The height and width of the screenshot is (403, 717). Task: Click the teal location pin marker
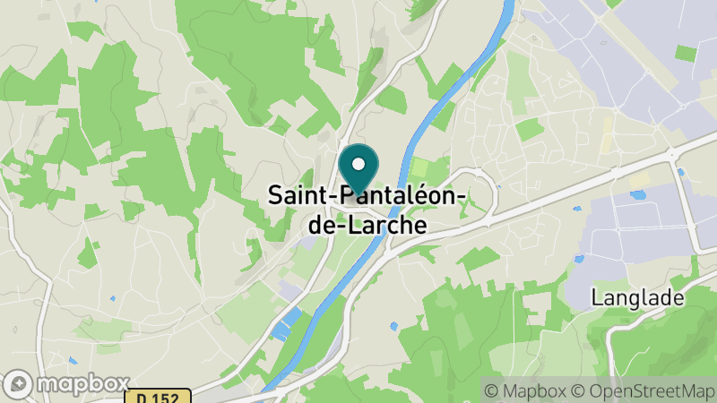coord(358,170)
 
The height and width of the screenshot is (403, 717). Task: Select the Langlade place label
coord(637,298)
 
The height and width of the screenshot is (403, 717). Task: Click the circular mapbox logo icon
coord(18,383)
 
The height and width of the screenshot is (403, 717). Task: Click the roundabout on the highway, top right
coord(673,154)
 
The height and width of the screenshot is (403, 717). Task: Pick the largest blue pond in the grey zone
coord(639,193)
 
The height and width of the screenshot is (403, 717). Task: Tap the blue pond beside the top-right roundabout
coord(682,171)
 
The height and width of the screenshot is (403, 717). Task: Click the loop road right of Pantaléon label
coord(484,193)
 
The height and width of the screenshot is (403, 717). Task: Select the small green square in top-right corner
coord(686,53)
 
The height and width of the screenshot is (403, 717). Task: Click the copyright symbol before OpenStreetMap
coord(579,391)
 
